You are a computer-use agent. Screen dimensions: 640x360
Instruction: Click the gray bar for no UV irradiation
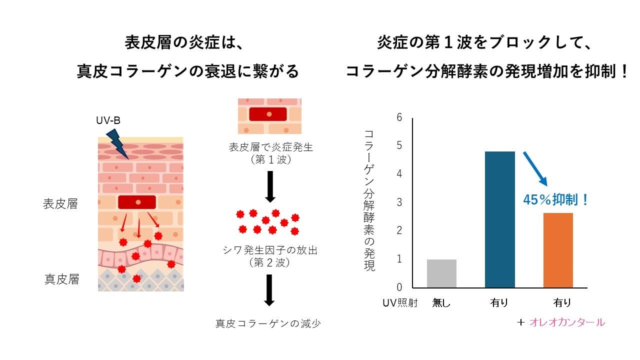(x=441, y=273)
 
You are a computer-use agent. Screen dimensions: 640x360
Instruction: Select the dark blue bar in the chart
(x=500, y=219)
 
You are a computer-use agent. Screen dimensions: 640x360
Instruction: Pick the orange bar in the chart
(x=558, y=250)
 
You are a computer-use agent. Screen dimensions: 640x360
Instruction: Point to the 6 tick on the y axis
(x=399, y=117)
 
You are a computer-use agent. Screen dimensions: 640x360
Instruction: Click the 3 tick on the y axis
(x=399, y=202)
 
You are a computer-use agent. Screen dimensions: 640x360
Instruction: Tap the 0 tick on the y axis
(x=399, y=287)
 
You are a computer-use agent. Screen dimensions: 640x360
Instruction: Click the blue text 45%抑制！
(x=555, y=200)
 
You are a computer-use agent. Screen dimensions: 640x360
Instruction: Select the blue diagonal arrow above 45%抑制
(x=535, y=168)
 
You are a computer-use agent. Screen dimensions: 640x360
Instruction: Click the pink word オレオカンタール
(x=566, y=322)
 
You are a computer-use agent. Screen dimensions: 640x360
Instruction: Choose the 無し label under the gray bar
(x=441, y=302)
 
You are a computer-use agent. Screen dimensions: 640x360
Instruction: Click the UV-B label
(x=108, y=120)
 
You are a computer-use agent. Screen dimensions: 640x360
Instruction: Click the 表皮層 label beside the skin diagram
(x=60, y=204)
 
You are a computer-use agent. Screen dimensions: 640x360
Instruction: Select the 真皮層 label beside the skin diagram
(x=61, y=279)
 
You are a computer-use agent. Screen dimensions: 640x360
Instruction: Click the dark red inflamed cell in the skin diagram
(x=137, y=202)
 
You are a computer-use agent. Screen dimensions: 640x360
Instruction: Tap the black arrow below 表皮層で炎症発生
(x=269, y=186)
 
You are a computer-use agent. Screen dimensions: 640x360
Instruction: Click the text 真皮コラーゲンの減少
(x=268, y=323)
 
